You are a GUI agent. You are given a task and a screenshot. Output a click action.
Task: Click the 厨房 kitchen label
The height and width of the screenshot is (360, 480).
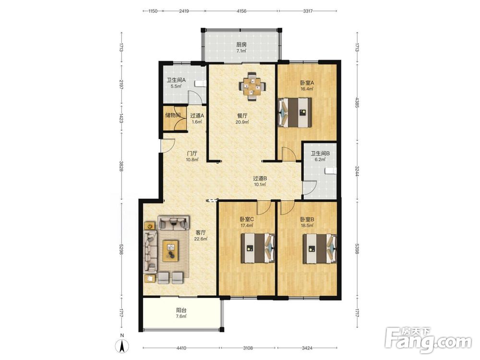tap(241, 44)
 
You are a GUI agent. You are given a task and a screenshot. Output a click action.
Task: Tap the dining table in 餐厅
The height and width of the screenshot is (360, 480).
tap(252, 86)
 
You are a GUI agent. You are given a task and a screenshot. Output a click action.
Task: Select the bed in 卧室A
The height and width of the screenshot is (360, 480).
tap(295, 112)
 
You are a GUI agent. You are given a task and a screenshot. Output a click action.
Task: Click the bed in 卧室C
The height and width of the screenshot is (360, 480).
tap(258, 249)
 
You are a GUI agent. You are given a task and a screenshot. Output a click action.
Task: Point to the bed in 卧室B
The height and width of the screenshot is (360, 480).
tap(320, 249)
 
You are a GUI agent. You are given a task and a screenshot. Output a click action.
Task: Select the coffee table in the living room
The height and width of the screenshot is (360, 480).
tap(171, 251)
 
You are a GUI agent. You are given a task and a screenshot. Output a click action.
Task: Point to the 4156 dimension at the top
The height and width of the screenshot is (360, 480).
tap(241, 11)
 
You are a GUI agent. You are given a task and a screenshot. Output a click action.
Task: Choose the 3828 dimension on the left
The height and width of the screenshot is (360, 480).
tap(121, 166)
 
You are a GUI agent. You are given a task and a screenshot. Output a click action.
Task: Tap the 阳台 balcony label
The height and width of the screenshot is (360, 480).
tap(181, 310)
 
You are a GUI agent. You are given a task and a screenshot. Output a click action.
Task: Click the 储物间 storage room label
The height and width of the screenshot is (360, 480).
tap(173, 115)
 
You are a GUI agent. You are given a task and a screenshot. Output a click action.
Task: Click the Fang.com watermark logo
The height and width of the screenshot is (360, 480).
tap(428, 340)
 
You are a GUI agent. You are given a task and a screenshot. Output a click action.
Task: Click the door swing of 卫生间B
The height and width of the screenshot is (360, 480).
tap(310, 188)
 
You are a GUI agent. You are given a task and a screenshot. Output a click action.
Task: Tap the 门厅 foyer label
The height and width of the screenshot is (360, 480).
tap(192, 153)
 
